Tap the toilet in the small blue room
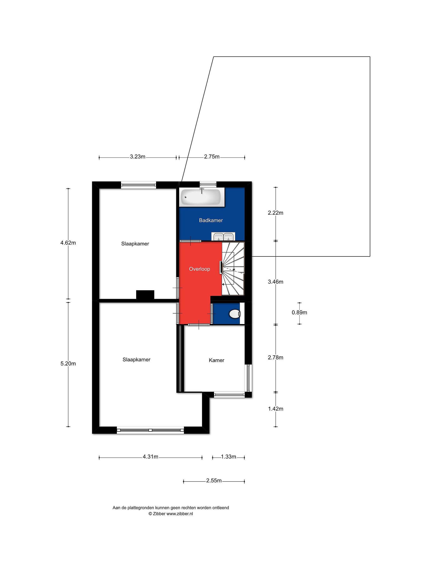tap(235, 314)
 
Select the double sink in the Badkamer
tap(223, 236)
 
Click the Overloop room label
tap(199, 269)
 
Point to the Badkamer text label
tap(211, 220)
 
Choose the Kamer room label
tap(216, 360)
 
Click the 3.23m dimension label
tap(138, 156)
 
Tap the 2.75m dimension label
tap(212, 156)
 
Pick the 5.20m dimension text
tap(68, 364)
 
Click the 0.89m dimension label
tap(299, 313)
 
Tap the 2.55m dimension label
tap(214, 481)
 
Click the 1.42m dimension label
tap(276, 409)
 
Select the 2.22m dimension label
tap(276, 213)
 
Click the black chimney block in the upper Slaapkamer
tap(145, 295)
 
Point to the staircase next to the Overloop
tap(233, 269)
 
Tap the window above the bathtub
tap(208, 184)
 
